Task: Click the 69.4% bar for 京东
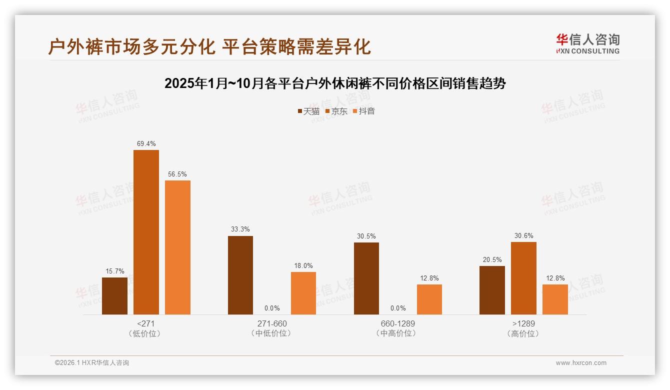[146, 232]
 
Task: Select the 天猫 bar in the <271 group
[114, 296]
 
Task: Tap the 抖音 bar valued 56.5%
[177, 247]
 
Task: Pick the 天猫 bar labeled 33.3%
[240, 275]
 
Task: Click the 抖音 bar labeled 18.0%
[303, 293]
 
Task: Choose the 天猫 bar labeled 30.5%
[366, 278]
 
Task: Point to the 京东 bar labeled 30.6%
[523, 278]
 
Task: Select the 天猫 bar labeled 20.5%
[492, 290]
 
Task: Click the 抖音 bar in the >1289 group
[555, 299]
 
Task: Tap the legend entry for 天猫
[308, 111]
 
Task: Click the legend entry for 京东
[336, 111]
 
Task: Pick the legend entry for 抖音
[364, 111]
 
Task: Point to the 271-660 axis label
[272, 323]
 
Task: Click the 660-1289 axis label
[397, 323]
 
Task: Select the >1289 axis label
[523, 323]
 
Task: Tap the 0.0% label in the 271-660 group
[272, 308]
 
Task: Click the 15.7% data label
[114, 271]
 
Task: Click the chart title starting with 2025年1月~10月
[335, 83]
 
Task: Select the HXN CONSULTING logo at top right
[587, 44]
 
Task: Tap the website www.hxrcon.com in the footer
[581, 363]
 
